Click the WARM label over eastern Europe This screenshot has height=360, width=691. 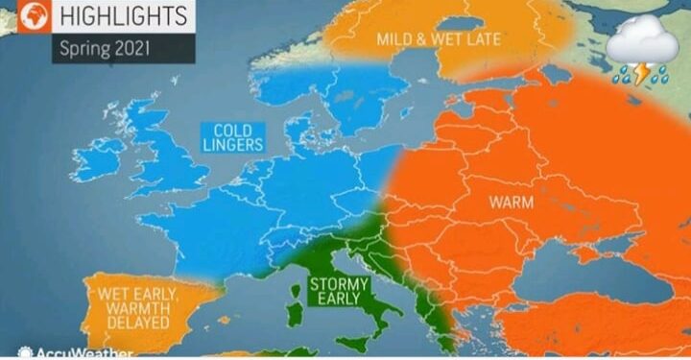point(511,203)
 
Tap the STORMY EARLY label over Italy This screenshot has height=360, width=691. point(335,291)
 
